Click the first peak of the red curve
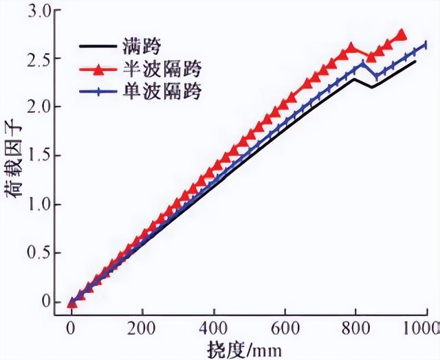point(351,48)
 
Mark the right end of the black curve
point(415,62)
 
